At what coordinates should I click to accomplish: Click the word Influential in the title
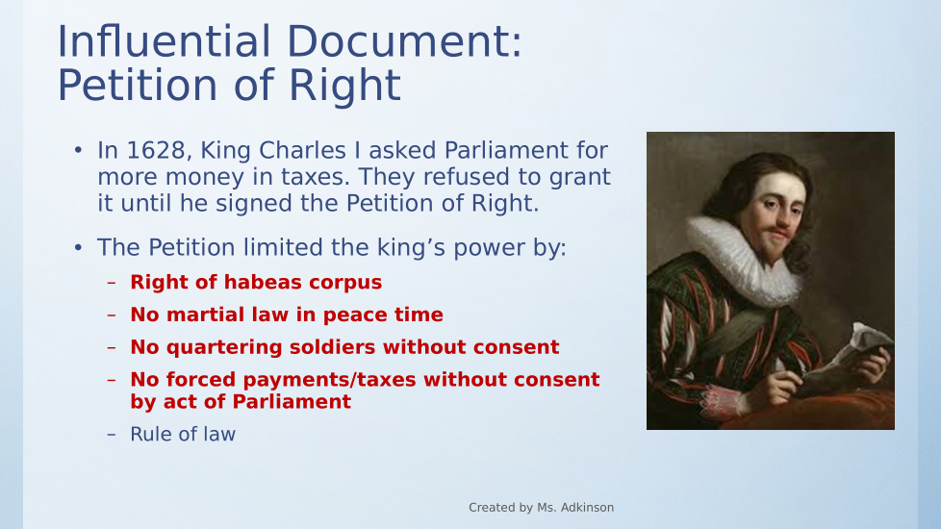(x=164, y=42)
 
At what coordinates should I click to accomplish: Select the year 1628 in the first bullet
(x=159, y=151)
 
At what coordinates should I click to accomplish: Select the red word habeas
(x=263, y=282)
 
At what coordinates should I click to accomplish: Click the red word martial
(x=195, y=315)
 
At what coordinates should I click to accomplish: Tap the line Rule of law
(x=183, y=434)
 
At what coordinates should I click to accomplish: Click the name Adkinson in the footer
(x=585, y=508)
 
